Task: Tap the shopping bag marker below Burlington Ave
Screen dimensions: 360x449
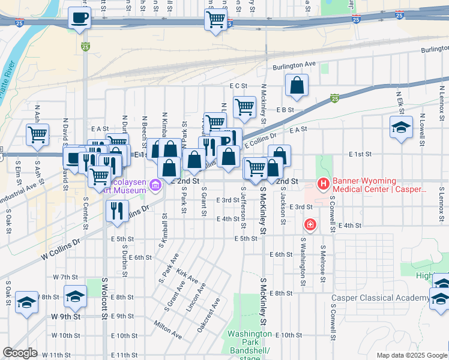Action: pyautogui.click(x=297, y=86)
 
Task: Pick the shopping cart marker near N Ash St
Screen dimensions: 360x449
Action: pyautogui.click(x=37, y=134)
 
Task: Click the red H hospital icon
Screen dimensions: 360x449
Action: pyautogui.click(x=324, y=183)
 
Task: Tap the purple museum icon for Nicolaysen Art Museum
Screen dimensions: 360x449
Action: pyautogui.click(x=156, y=185)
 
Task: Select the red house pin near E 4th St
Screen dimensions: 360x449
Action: pyautogui.click(x=310, y=225)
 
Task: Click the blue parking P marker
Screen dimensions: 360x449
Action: pyautogui.click(x=231, y=140)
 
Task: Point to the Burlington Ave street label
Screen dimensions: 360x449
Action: pyautogui.click(x=295, y=65)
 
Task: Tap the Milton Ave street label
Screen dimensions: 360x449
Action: pyautogui.click(x=167, y=327)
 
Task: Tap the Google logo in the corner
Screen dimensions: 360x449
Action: pyautogui.click(x=20, y=353)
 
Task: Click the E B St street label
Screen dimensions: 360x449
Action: pyautogui.click(x=285, y=110)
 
